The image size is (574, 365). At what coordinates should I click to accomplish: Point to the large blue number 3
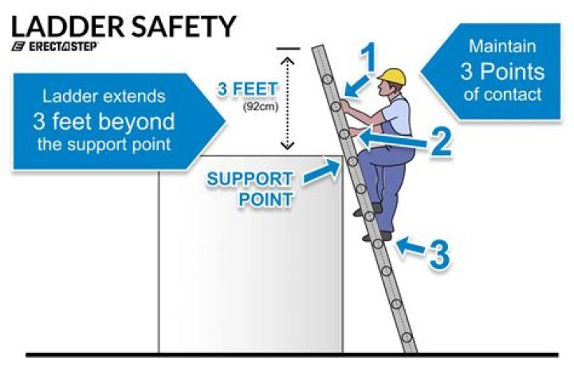point(439,253)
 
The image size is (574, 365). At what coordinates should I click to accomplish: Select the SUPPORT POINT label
point(250,188)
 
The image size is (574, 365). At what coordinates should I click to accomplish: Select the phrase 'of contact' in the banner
point(501,94)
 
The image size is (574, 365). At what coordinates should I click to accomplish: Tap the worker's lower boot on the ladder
point(382,236)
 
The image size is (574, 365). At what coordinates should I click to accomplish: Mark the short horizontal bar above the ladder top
point(289,49)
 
